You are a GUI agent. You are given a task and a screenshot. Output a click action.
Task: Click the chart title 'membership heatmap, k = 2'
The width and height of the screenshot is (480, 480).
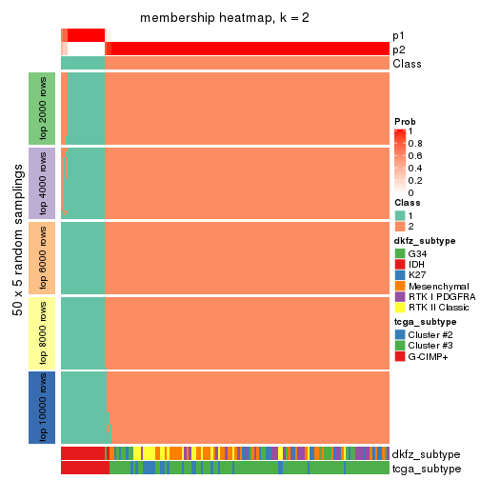pos(225,19)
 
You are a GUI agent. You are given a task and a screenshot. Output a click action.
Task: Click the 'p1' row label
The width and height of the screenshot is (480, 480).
pos(398,35)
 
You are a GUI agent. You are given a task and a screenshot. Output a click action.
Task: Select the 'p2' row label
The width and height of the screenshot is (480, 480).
pos(398,50)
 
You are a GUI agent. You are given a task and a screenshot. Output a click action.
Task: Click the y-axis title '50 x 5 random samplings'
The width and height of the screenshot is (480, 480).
pos(16,257)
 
